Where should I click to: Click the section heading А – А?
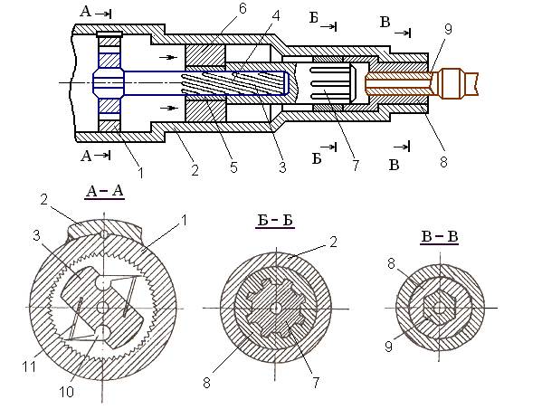[104, 191]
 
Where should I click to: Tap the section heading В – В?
[440, 237]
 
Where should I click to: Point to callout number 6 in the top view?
[242, 9]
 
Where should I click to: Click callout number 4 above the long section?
[276, 16]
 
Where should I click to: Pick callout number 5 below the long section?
[234, 167]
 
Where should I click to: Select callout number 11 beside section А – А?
[29, 366]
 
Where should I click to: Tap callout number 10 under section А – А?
[66, 392]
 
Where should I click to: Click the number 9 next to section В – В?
[388, 347]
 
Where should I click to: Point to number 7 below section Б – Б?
[316, 383]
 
